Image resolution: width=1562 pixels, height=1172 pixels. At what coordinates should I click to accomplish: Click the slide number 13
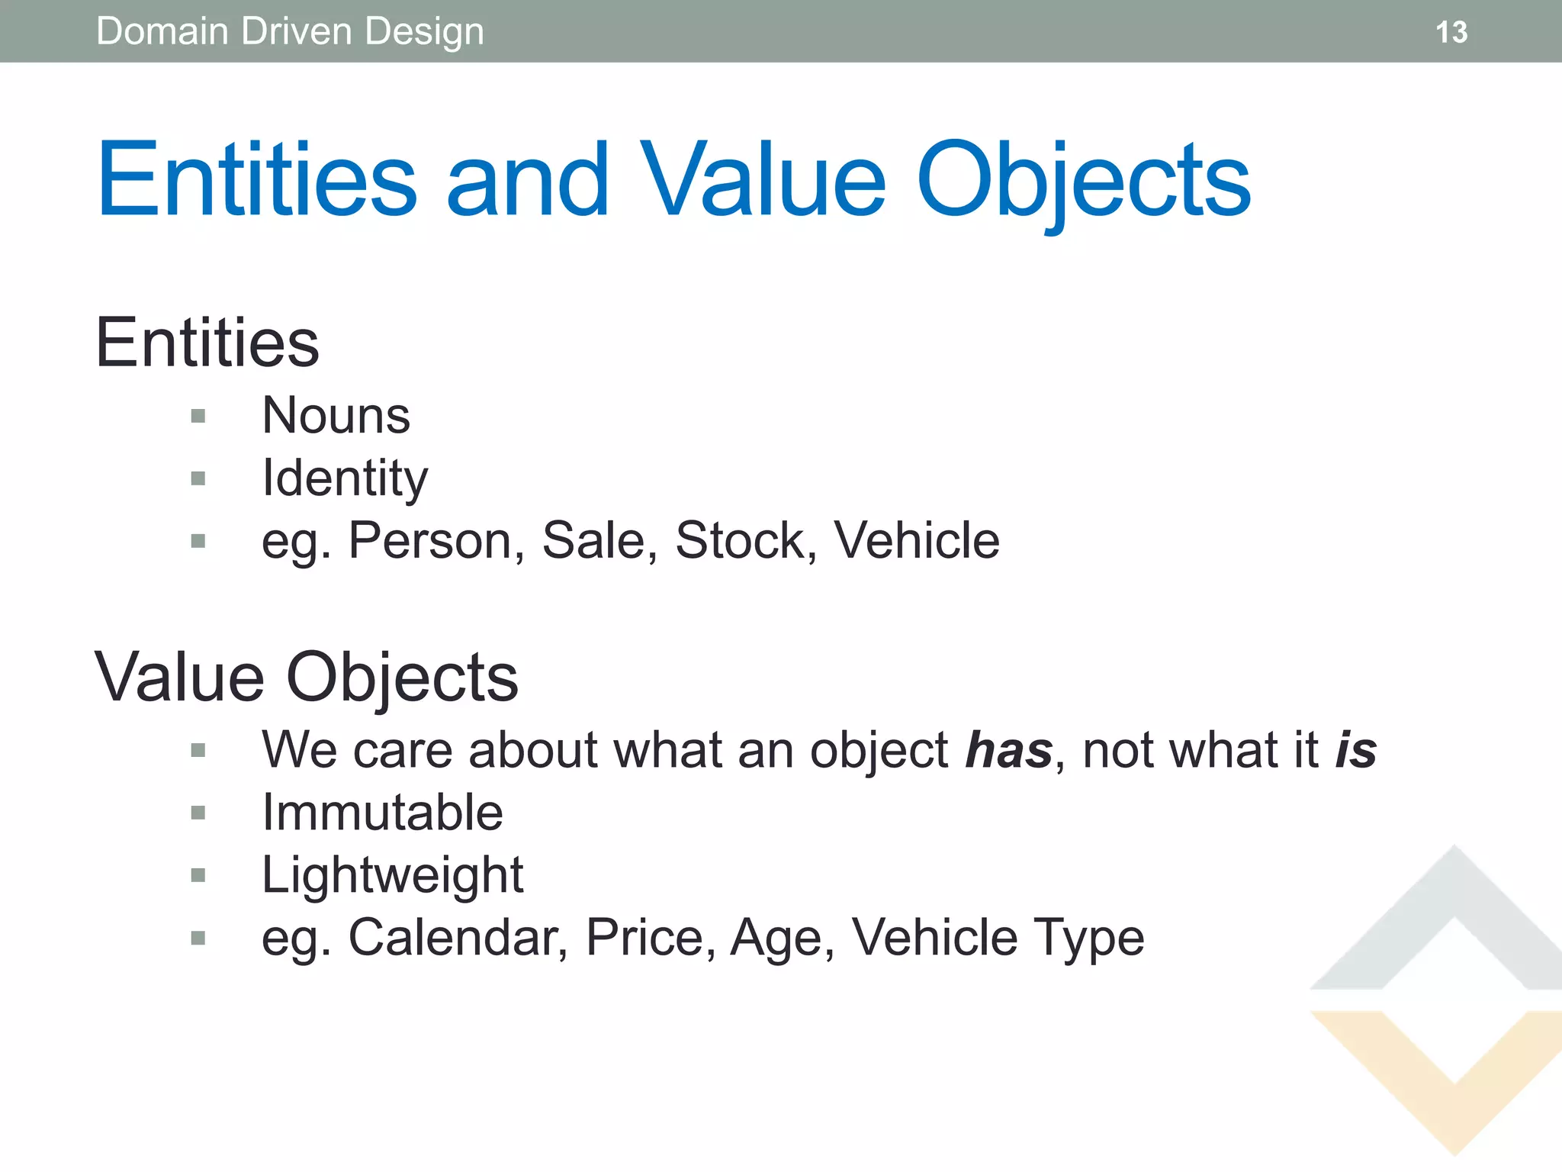[1451, 32]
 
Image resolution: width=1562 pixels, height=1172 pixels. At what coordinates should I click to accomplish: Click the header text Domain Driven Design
[290, 32]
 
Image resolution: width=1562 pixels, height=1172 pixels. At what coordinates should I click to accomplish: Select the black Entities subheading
[207, 343]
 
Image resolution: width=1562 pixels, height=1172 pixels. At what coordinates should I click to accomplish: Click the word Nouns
[336, 416]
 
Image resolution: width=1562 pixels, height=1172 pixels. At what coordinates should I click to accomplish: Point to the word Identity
[345, 478]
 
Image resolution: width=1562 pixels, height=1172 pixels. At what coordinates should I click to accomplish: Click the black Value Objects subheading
[306, 678]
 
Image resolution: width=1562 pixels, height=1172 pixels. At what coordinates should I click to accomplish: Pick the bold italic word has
[1008, 751]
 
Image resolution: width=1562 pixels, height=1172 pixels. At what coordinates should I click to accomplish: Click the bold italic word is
[1355, 751]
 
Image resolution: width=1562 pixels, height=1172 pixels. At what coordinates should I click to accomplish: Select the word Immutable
[382, 813]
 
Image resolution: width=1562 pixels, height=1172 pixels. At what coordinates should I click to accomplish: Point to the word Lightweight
[392, 875]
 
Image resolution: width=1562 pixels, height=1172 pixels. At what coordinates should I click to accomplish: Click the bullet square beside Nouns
[198, 417]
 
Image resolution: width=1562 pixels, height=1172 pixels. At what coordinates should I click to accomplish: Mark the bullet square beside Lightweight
[198, 875]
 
